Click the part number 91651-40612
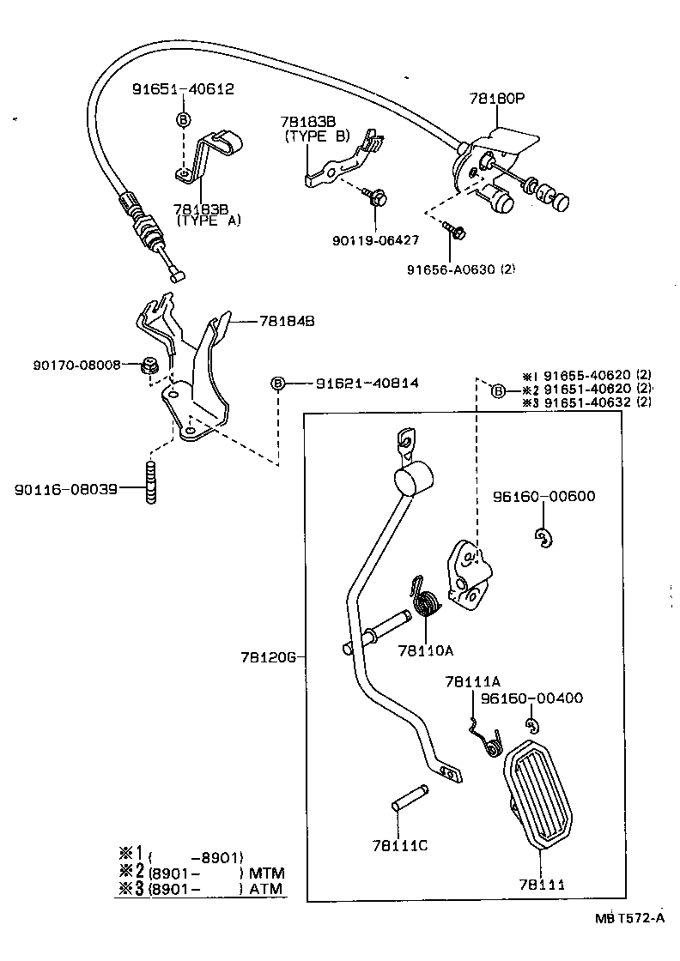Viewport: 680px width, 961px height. click(183, 88)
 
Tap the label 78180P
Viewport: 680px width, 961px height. click(496, 99)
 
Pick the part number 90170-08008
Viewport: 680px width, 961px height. click(76, 365)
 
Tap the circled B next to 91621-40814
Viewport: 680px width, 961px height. click(277, 384)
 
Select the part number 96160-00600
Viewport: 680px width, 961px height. click(543, 496)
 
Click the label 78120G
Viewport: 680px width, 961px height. click(268, 657)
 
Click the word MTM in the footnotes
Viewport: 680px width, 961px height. click(265, 873)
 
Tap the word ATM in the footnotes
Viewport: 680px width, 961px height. click(265, 890)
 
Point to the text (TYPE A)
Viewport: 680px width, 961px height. click(209, 221)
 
